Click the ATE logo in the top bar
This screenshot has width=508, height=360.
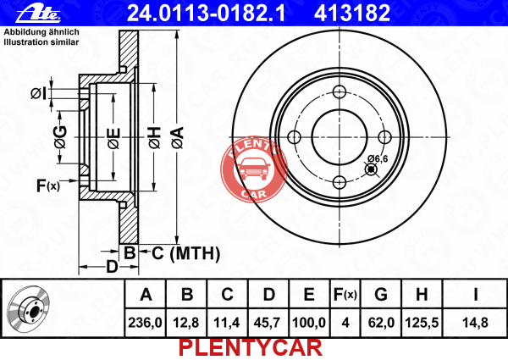tap(38, 13)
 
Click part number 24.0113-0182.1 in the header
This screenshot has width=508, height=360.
tap(206, 13)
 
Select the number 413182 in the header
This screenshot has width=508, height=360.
tap(352, 13)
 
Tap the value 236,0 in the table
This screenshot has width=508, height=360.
tap(145, 323)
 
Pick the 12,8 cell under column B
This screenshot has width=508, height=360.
tap(186, 323)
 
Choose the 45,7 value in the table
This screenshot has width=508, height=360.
tap(268, 323)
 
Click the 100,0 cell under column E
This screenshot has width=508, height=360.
tap(309, 323)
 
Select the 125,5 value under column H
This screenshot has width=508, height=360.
tap(422, 323)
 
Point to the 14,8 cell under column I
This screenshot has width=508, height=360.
tap(475, 323)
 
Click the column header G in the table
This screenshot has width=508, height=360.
tap(381, 294)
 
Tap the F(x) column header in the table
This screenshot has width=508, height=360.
tap(345, 294)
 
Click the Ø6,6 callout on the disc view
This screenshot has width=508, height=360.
tap(378, 158)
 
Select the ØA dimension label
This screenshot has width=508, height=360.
tap(178, 138)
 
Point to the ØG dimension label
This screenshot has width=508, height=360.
tap(61, 137)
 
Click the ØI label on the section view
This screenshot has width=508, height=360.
tap(39, 93)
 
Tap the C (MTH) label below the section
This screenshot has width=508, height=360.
tap(185, 253)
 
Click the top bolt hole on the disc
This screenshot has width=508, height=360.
tap(340, 91)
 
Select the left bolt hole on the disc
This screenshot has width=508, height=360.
tap(294, 137)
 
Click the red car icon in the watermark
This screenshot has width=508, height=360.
tap(254, 169)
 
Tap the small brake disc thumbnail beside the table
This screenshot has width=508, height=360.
tap(29, 310)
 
